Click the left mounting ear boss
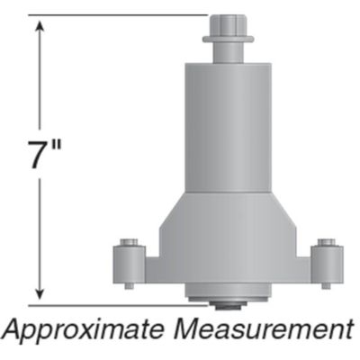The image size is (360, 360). click(x=129, y=264)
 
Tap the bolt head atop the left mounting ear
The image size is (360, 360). click(x=129, y=241)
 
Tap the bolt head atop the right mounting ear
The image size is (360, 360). click(x=326, y=241)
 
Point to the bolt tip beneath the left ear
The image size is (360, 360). click(x=129, y=286)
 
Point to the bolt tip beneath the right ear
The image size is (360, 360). click(x=326, y=286)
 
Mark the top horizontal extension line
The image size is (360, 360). click(x=117, y=15)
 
